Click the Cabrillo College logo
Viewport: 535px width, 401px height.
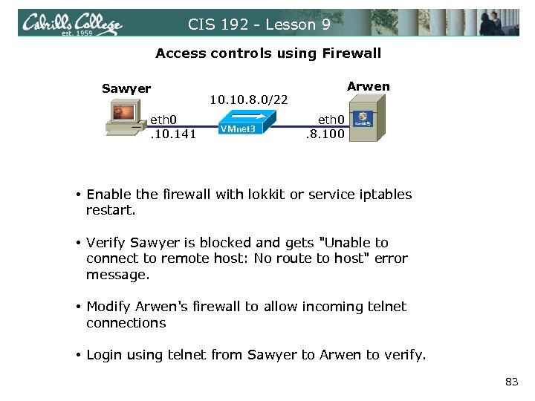pyautogui.click(x=72, y=25)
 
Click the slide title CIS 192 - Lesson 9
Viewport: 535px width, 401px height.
pyautogui.click(x=259, y=25)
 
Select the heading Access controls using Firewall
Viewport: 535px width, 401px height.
pyautogui.click(x=268, y=53)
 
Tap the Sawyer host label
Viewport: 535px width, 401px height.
pyautogui.click(x=126, y=89)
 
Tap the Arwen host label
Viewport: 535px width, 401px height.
pyautogui.click(x=368, y=86)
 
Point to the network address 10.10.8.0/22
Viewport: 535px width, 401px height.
pyautogui.click(x=250, y=99)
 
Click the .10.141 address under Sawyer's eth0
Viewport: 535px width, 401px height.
pyautogui.click(x=172, y=134)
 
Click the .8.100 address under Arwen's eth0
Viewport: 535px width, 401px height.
pyautogui.click(x=325, y=134)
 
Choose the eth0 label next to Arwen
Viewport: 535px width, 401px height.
pyautogui.click(x=331, y=119)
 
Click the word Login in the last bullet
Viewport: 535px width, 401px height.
pyautogui.click(x=104, y=355)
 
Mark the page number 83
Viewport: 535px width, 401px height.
pyautogui.click(x=511, y=382)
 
